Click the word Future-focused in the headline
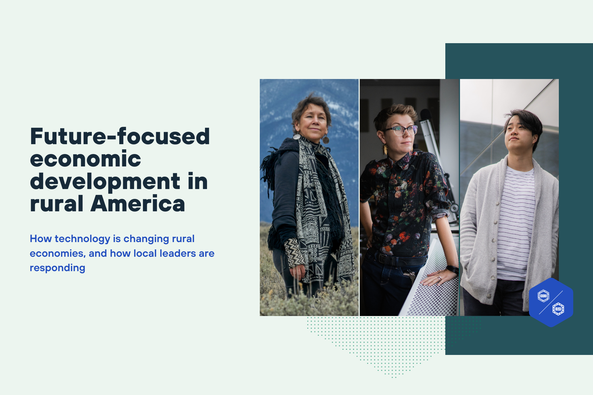(120, 137)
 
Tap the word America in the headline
(138, 204)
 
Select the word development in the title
(105, 182)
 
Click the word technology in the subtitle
(82, 239)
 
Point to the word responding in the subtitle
(57, 268)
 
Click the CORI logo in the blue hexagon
(543, 296)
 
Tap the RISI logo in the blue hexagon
(558, 309)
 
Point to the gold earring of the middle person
(385, 149)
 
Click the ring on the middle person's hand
(439, 279)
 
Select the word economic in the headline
(85, 159)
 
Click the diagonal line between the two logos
(551, 302)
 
